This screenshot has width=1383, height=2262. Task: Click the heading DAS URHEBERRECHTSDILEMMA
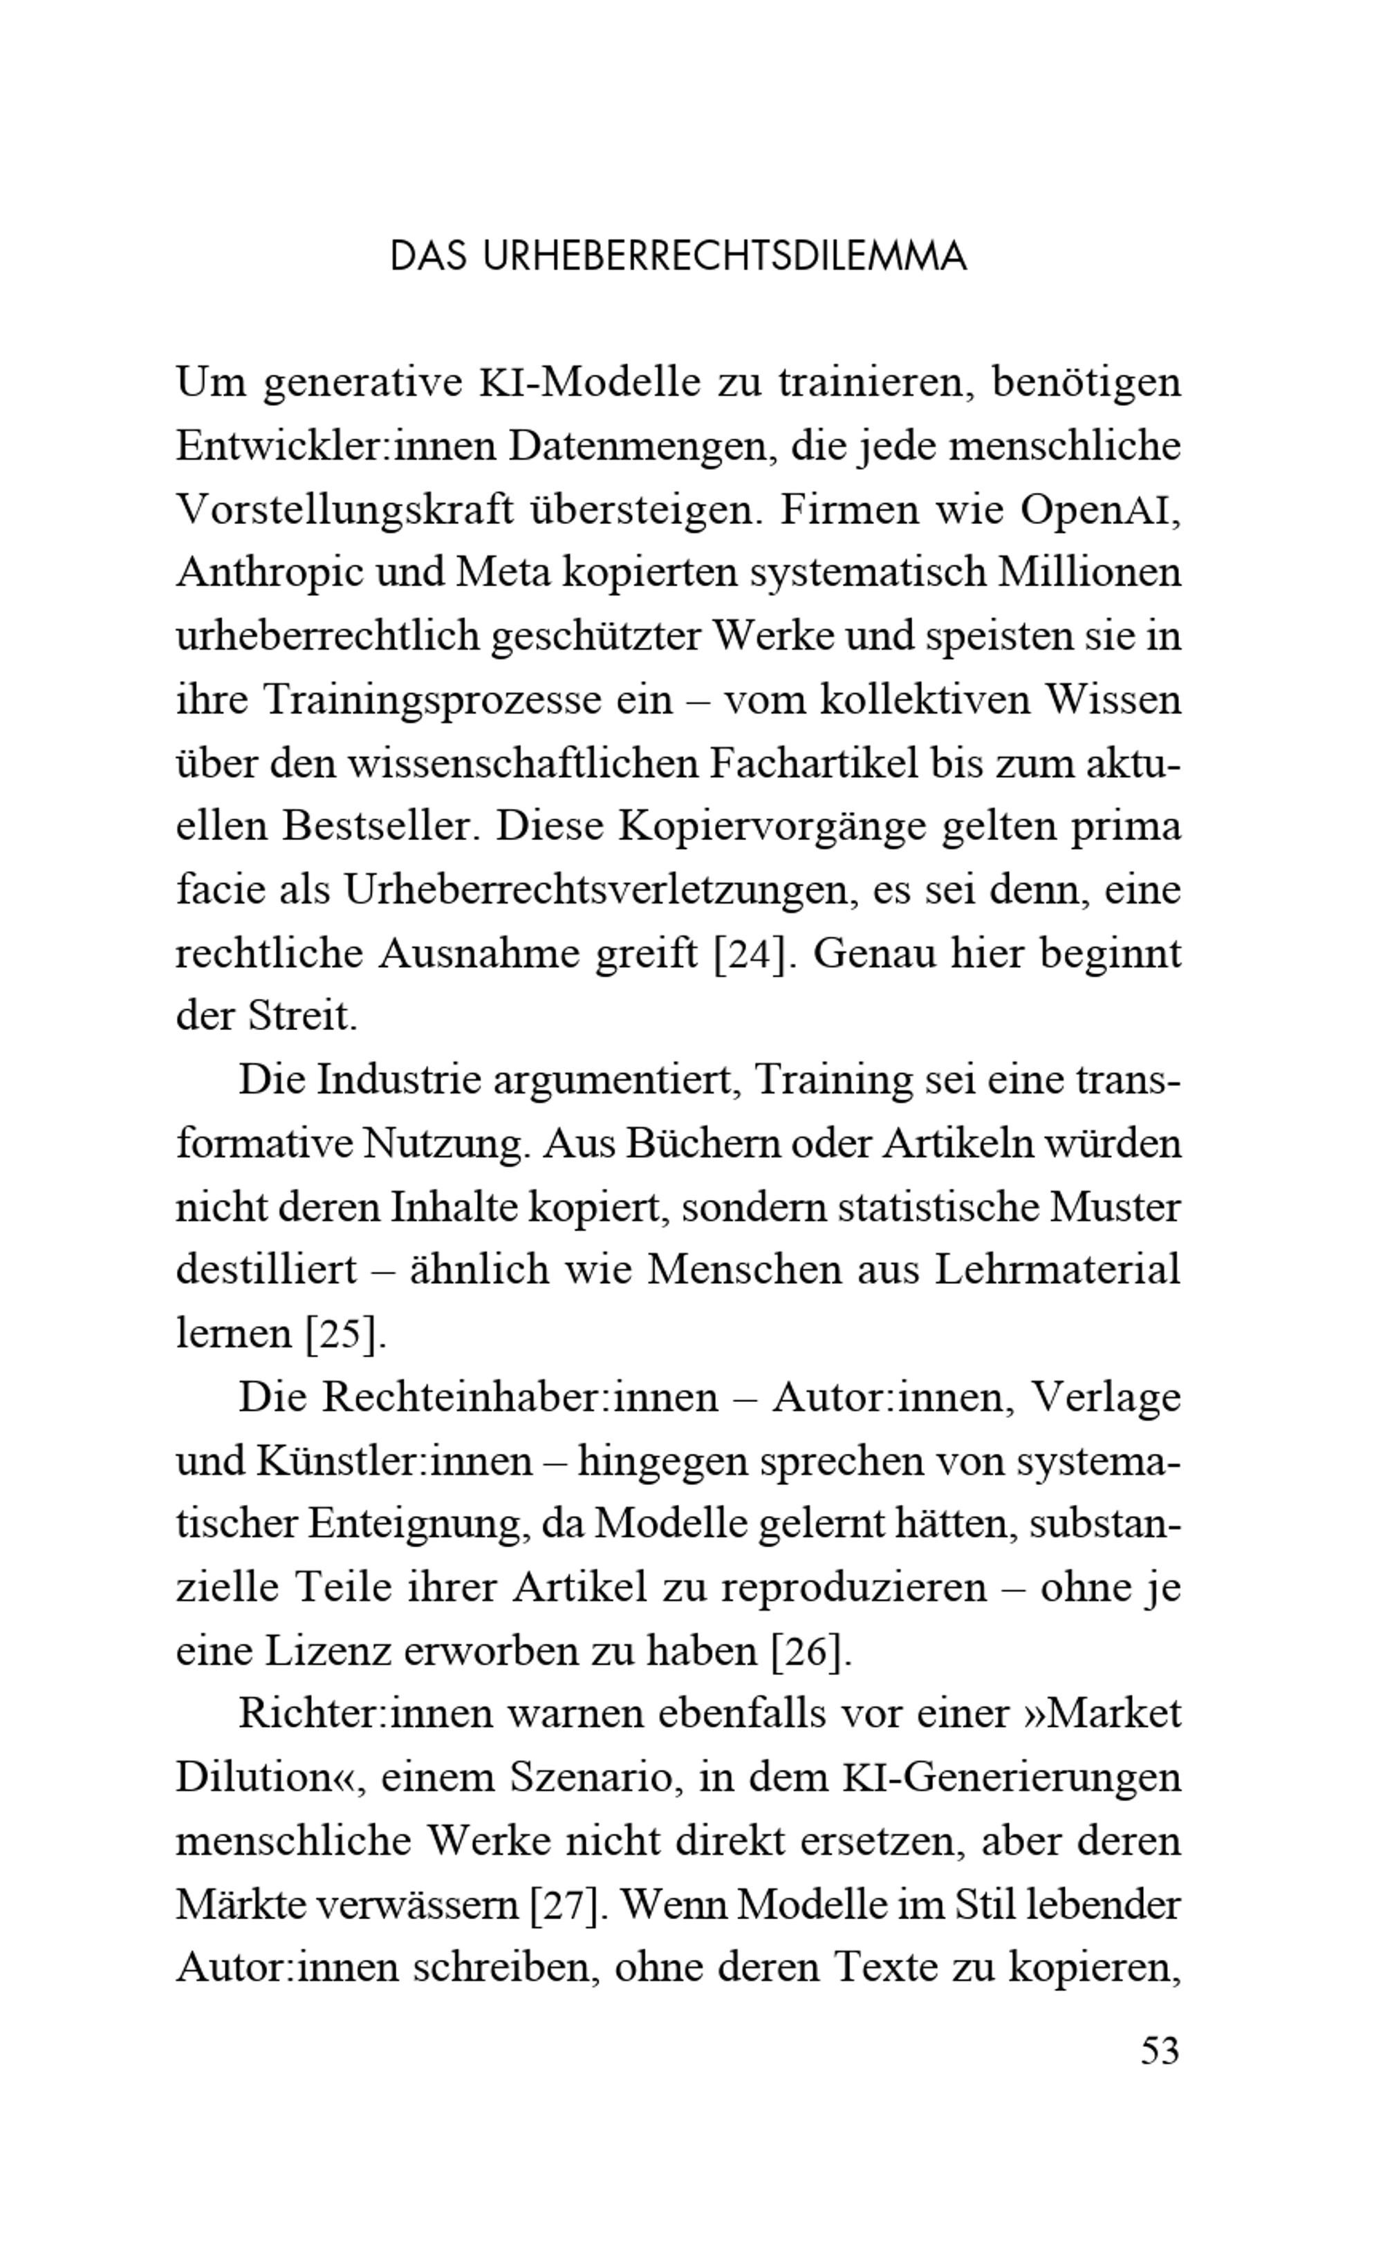[x=678, y=257]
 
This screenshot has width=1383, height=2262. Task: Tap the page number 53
[x=1159, y=2050]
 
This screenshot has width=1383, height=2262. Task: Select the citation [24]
[x=750, y=955]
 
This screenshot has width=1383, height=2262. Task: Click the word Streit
[x=302, y=1017]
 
